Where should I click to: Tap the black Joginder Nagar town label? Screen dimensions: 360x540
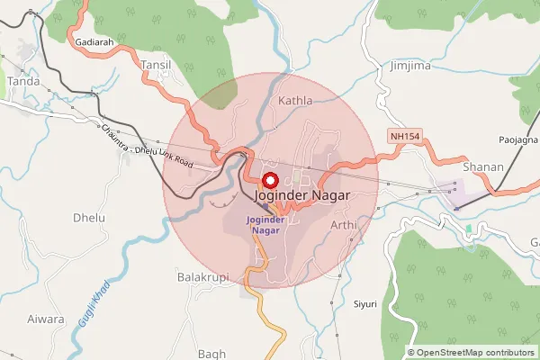click(x=301, y=194)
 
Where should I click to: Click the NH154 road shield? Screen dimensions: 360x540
click(x=405, y=136)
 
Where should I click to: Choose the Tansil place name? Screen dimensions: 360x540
click(x=155, y=65)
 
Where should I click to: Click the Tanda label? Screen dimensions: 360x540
click(x=22, y=81)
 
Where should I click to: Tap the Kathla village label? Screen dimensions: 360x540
click(x=295, y=100)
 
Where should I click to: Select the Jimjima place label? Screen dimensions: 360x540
click(x=410, y=66)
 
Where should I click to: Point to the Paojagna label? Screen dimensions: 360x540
click(x=518, y=140)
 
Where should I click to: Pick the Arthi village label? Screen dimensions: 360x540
click(x=344, y=224)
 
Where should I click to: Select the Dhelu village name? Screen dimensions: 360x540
click(x=88, y=218)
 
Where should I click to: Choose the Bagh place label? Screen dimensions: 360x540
click(x=211, y=354)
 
